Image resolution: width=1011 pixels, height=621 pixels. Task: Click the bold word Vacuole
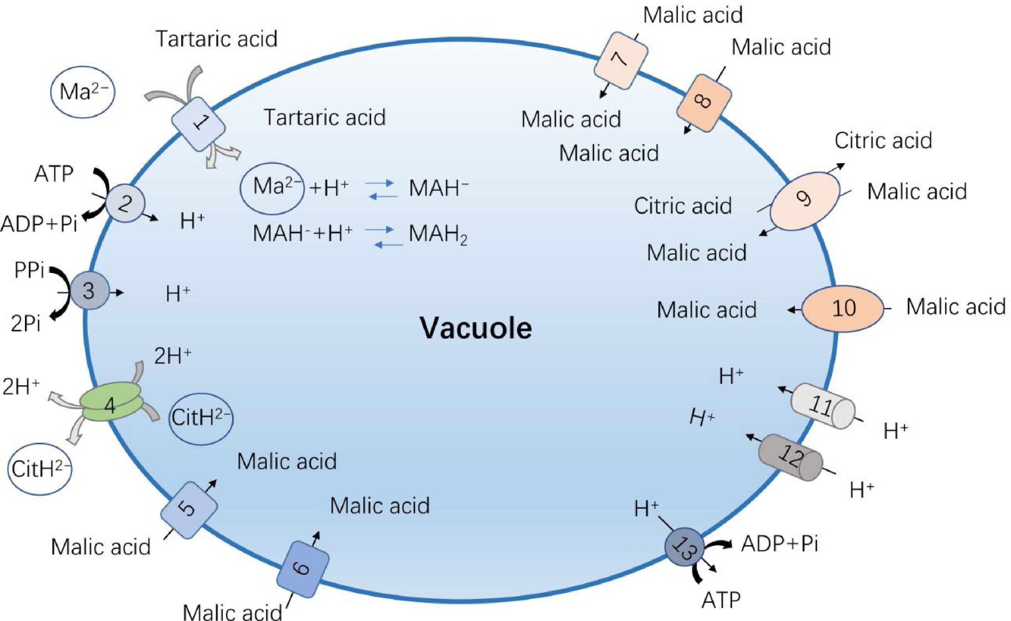click(x=475, y=328)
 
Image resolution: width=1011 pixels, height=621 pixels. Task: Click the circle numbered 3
click(x=89, y=291)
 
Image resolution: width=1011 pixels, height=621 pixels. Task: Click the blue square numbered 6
click(x=302, y=568)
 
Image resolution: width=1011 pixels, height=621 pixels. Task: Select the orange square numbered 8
click(x=704, y=103)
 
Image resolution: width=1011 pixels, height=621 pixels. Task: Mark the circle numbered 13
click(x=684, y=547)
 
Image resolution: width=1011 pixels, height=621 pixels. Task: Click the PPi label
click(x=29, y=271)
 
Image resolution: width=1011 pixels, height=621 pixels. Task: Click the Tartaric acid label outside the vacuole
click(x=216, y=40)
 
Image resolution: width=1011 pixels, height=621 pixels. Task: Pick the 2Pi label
click(x=25, y=325)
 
